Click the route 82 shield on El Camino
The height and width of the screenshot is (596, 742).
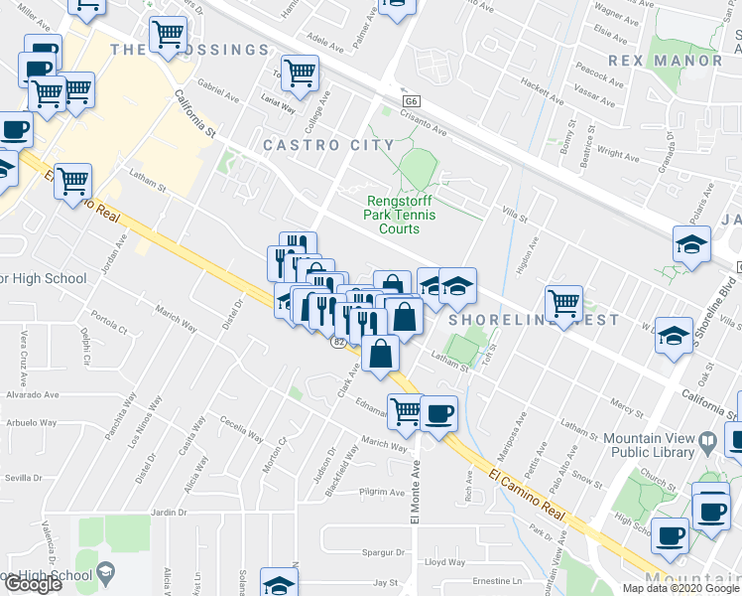(x=338, y=342)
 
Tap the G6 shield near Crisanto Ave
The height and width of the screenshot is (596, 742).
(x=412, y=101)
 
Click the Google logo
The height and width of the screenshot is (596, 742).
(x=33, y=584)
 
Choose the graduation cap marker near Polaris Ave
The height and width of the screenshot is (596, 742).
(x=691, y=244)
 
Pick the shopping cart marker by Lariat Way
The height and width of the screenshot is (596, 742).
(x=300, y=72)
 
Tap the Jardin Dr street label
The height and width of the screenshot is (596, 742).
(x=170, y=513)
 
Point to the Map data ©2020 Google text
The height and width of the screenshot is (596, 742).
(x=680, y=587)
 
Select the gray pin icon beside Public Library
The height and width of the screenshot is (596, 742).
(x=707, y=439)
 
